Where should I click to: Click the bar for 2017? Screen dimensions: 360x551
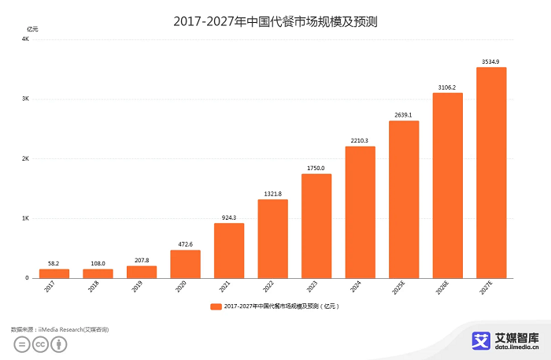54,273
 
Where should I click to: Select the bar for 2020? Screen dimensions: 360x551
185,264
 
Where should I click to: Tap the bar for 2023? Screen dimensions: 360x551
316,226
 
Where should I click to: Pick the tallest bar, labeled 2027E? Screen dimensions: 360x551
491,173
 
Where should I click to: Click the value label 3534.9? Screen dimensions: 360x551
491,61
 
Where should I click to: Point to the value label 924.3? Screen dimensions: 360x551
229,217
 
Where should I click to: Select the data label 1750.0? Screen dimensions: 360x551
316,167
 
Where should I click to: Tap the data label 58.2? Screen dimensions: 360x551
54,263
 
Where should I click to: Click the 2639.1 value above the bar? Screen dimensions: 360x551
404,114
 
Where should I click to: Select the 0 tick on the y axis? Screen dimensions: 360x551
27,278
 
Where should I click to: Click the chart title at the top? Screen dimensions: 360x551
275,20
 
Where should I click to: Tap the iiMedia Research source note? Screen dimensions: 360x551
60,328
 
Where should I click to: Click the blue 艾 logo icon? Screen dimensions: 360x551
480,340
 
